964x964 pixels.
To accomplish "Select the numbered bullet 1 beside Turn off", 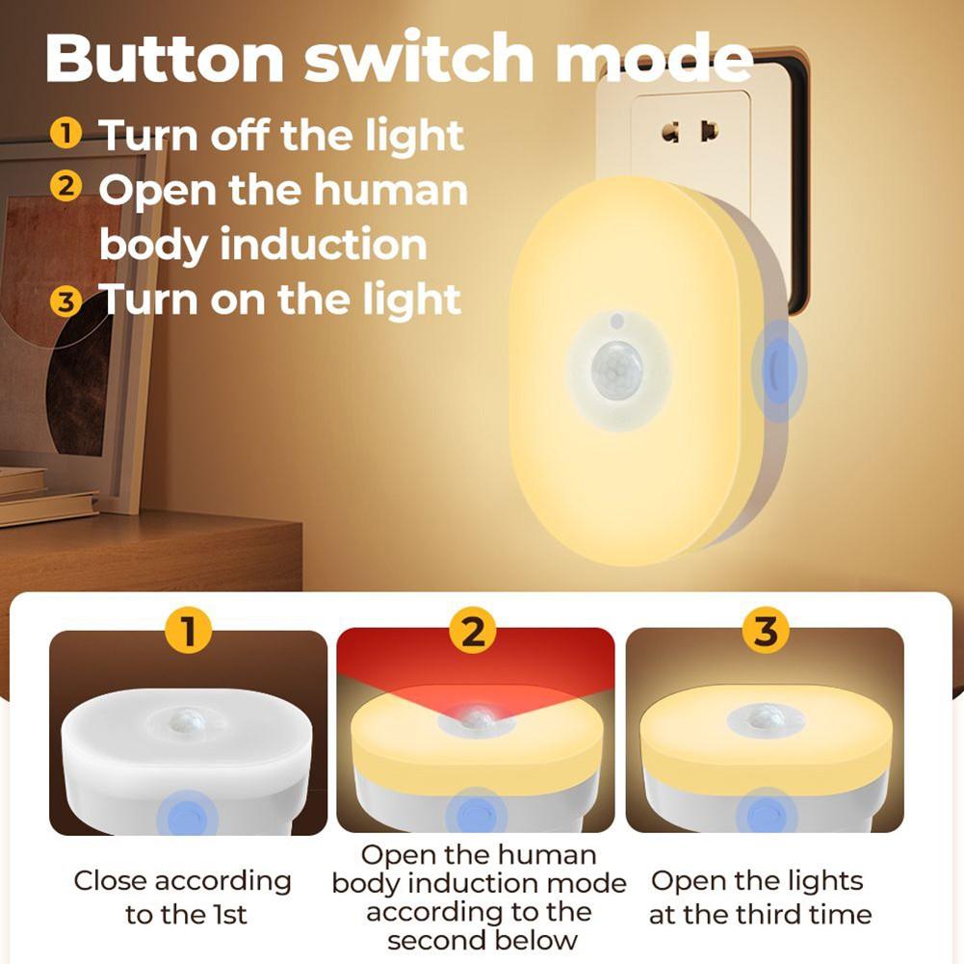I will pos(65,133).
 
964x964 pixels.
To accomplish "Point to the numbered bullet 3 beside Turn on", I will pos(65,300).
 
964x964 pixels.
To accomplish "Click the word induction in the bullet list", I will pos(325,245).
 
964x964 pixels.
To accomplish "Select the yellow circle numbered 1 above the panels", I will pos(189,632).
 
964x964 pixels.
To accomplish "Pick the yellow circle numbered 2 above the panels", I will pos(474,632).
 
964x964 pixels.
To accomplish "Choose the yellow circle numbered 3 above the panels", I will pos(765,632).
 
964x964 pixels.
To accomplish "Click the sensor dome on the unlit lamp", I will pos(189,720).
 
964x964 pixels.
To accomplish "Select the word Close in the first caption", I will pos(112,881).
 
